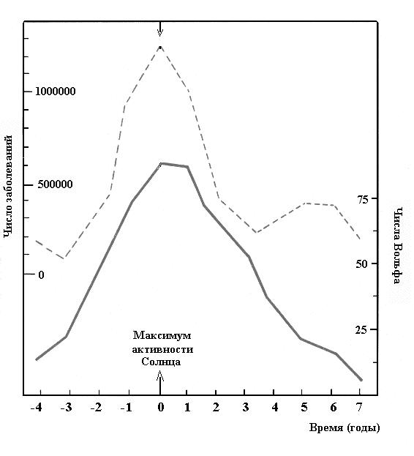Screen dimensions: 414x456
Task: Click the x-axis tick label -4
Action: point(37,408)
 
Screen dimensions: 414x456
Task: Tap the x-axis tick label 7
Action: point(359,408)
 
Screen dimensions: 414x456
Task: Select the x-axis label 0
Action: point(160,408)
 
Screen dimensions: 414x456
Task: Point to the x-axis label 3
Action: point(246,408)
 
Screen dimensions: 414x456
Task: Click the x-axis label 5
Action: point(304,408)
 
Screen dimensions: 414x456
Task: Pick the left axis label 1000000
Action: point(55,91)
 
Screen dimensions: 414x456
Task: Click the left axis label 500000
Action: point(55,184)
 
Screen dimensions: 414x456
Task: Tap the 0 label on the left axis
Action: point(41,274)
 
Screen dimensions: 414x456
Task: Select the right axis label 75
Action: point(362,200)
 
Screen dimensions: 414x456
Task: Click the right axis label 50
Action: point(362,264)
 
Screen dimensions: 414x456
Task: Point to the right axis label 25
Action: point(362,330)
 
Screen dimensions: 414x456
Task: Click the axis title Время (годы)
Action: point(345,427)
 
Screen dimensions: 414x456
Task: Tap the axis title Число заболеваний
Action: point(9,187)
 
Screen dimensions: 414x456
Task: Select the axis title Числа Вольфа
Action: point(398,245)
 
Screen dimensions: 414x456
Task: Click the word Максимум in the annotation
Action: point(162,335)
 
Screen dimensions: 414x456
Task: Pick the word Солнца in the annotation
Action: point(161,362)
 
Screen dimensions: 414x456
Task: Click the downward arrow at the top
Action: point(160,29)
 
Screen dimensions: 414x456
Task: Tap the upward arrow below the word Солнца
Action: point(160,383)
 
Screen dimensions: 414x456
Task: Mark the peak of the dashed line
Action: point(160,46)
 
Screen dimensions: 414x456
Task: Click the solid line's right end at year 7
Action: point(361,380)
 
